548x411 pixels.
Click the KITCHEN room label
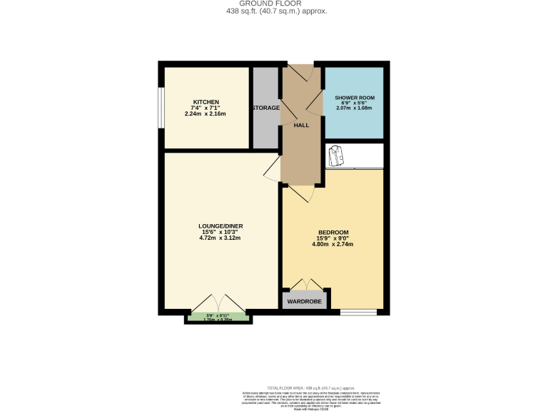click(205, 102)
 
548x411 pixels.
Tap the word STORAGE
click(265, 108)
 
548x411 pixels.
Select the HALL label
click(301, 125)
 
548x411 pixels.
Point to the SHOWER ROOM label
click(354, 97)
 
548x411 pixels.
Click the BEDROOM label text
click(333, 233)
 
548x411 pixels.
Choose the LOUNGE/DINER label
click(220, 226)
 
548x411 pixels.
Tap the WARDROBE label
click(305, 302)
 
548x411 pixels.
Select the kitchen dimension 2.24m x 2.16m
click(205, 114)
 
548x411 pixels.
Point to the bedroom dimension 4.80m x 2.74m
click(333, 244)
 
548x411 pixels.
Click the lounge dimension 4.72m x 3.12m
click(220, 238)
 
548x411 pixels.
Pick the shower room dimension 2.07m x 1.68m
click(354, 108)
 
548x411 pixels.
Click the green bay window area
click(219, 318)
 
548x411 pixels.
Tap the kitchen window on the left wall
click(161, 108)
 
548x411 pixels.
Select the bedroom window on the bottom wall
click(358, 312)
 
